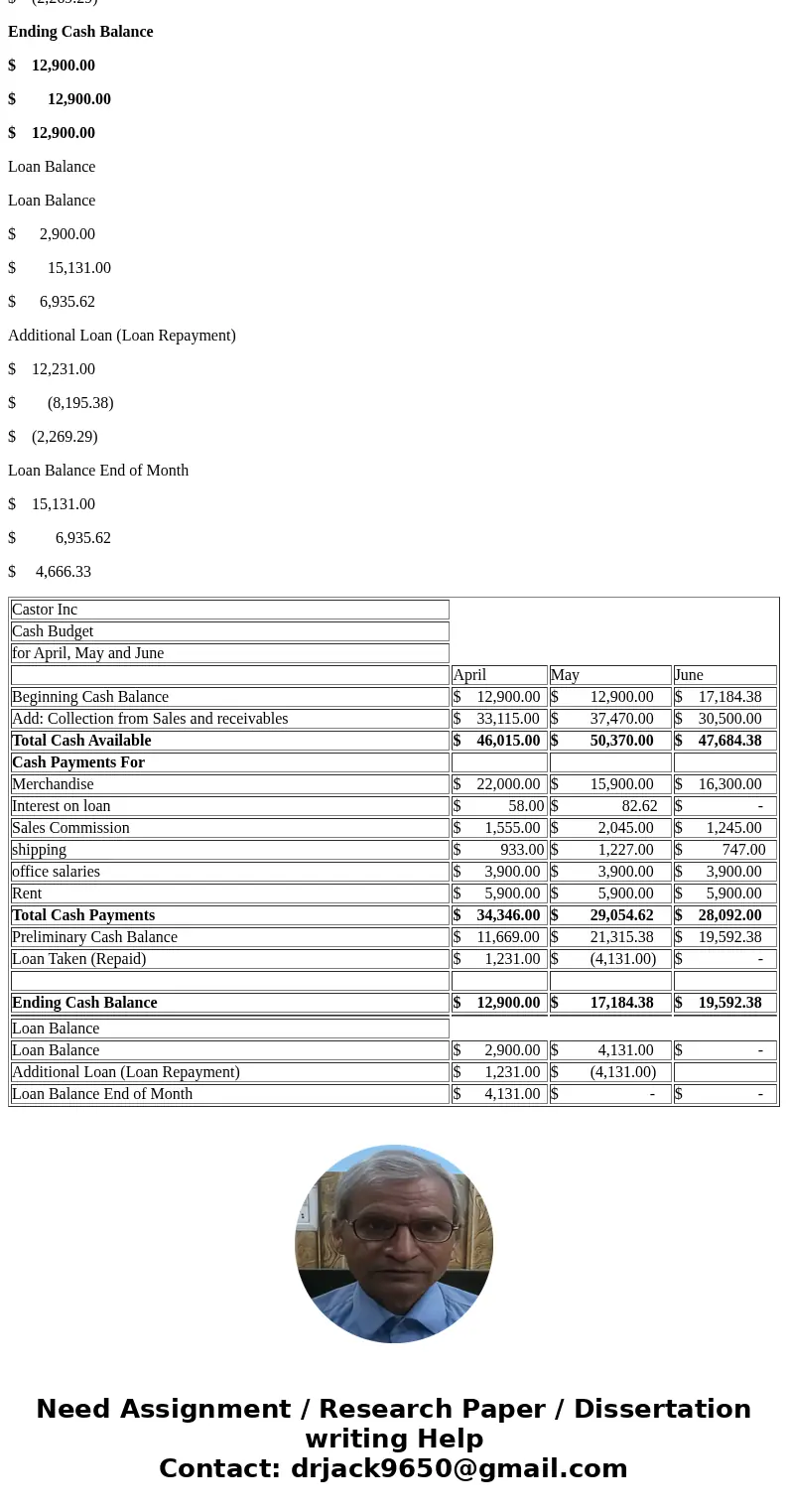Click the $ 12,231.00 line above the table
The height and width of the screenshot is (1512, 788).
(x=52, y=369)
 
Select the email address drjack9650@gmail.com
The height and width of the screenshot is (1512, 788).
(x=459, y=1468)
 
